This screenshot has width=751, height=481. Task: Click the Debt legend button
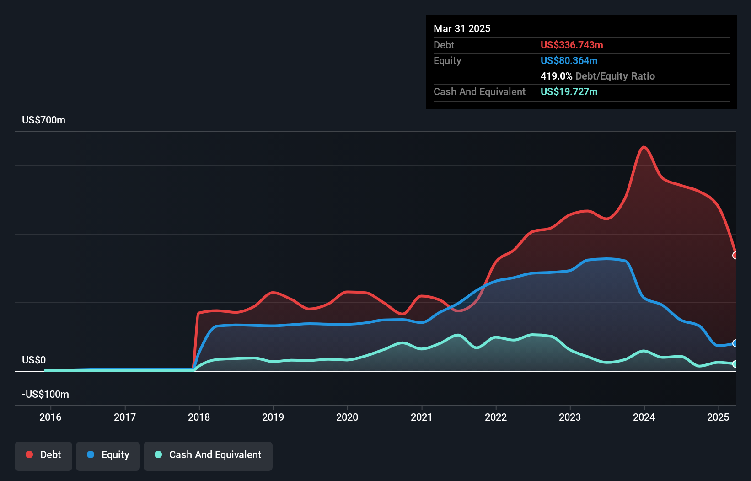coord(43,455)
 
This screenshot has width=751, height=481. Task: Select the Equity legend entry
coord(108,455)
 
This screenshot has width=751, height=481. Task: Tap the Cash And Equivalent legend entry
coord(208,455)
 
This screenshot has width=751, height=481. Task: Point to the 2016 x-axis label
coord(50,417)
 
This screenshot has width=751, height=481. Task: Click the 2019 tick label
coord(273,417)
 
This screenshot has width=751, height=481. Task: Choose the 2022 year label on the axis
coord(496,417)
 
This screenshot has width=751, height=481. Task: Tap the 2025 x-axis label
coord(718,417)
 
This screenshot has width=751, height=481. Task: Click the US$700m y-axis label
coord(44,120)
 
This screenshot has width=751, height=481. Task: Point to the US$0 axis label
coord(34,360)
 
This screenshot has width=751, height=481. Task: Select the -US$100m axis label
coord(46,395)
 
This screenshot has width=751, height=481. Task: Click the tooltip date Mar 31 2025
coord(462,29)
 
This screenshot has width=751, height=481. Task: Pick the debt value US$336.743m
coord(572,45)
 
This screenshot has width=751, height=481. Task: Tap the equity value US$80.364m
coord(569,61)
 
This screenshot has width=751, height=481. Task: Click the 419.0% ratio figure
coord(556,76)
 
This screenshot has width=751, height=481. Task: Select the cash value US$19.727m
coord(569,92)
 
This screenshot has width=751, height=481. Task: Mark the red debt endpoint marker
coord(735,256)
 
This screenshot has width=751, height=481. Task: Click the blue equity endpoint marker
coord(735,343)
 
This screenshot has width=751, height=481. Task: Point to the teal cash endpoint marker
coord(735,364)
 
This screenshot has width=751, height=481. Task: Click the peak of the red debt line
coord(644,147)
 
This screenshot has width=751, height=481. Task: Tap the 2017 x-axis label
coord(125,417)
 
